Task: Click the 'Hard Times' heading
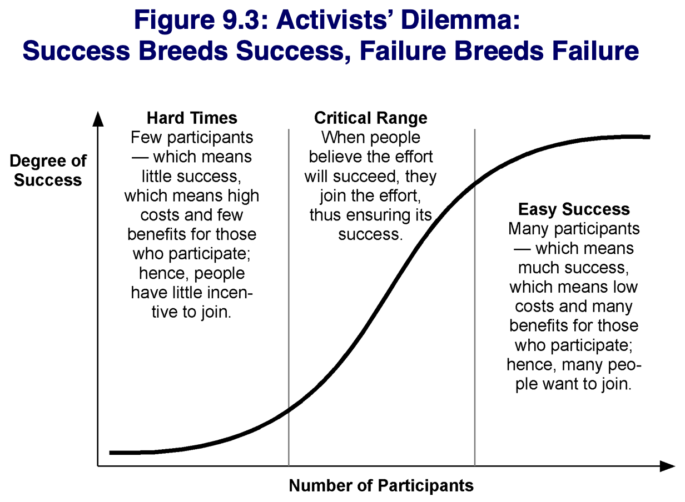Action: point(192,118)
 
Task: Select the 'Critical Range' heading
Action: point(371,118)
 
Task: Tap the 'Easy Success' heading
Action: point(574,209)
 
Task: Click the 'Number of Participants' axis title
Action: point(381,485)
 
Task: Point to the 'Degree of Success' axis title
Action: point(48,170)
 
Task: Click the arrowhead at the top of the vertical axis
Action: point(98,119)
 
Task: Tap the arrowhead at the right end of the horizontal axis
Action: point(667,466)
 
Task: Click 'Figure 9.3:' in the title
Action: point(201,21)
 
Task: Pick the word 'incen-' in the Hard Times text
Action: point(228,293)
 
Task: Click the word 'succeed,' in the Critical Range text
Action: point(366,177)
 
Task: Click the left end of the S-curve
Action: point(110,453)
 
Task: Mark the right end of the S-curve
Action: point(649,137)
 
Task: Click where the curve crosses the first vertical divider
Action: point(289,411)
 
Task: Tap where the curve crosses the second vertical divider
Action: point(475,183)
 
